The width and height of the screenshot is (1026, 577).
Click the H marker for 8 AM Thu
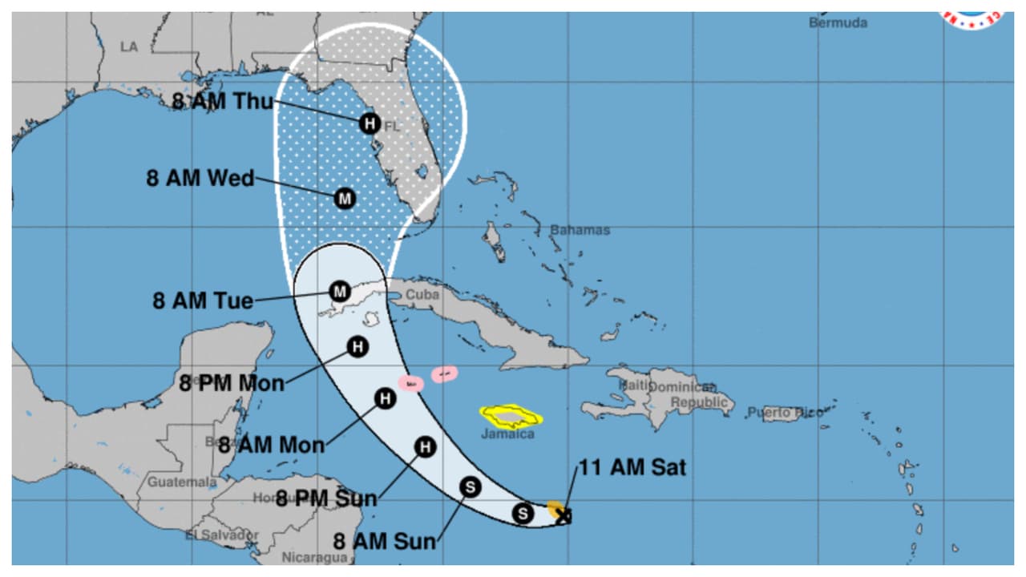coord(369,123)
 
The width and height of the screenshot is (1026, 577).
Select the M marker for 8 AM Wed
coord(345,198)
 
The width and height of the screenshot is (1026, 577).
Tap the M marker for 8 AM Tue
coord(339,290)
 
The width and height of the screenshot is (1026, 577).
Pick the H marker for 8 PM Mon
coord(357,346)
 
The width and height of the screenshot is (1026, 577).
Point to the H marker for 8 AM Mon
coord(386,397)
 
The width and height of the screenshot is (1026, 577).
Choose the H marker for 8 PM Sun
coord(425,447)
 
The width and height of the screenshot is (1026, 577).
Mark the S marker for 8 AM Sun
coord(471,486)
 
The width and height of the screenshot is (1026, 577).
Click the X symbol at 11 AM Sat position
coord(564,517)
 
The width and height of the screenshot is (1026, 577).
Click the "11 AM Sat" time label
coord(632,467)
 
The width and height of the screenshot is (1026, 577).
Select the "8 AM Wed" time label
coord(200,178)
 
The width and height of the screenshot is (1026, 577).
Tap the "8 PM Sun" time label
coord(326,498)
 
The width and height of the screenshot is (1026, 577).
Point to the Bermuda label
coord(838,22)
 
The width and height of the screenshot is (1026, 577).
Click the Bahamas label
coord(580,230)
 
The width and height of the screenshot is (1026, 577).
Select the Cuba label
coord(422,294)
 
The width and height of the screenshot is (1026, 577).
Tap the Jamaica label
coord(507,434)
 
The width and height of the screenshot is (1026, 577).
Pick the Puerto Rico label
coord(786,413)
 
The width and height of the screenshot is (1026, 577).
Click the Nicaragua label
coord(315,557)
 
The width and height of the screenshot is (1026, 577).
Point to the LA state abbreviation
coord(129,46)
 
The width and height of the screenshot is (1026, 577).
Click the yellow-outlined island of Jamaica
coord(511,415)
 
